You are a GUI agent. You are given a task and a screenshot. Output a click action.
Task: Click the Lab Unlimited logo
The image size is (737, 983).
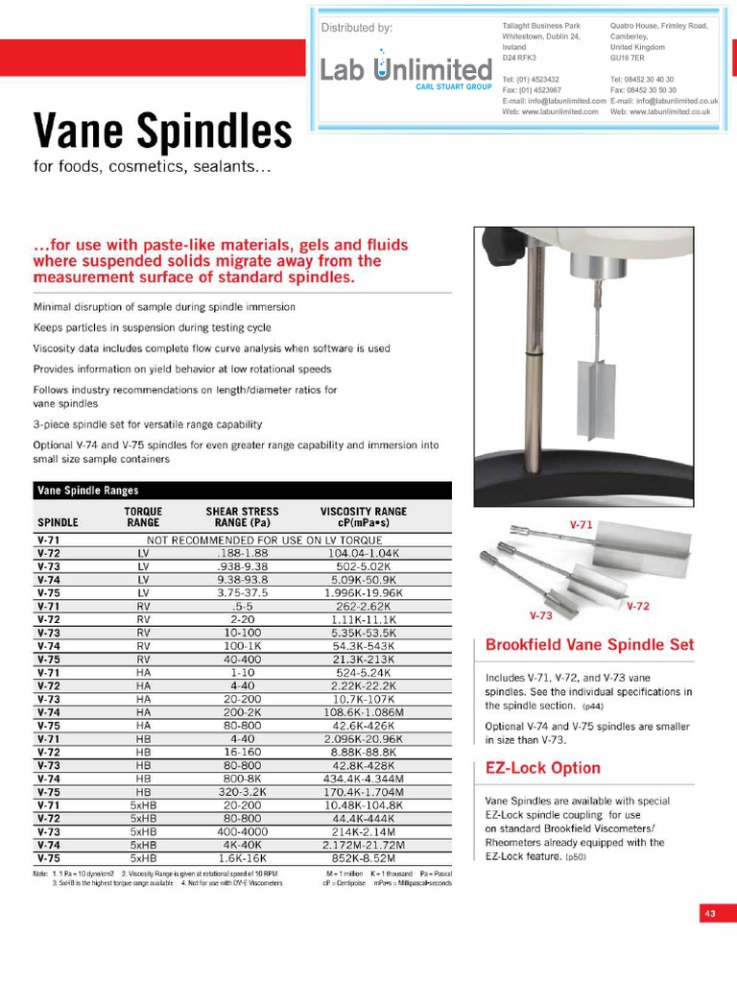tap(405, 69)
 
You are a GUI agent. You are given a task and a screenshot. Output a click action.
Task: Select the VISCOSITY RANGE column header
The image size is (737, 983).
tap(363, 516)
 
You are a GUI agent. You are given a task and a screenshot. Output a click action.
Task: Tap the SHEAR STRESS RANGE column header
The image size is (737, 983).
tap(242, 516)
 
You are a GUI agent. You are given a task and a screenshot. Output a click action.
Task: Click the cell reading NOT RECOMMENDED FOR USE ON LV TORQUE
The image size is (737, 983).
tap(263, 540)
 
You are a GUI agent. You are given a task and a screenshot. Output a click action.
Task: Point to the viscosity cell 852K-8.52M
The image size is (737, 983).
tap(363, 858)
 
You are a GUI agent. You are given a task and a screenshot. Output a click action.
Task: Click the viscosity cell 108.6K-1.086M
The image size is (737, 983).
tap(363, 712)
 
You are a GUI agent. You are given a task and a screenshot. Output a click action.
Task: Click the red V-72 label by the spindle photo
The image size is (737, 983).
tap(638, 607)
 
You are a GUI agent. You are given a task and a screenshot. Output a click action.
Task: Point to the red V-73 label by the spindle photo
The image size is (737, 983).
tap(541, 615)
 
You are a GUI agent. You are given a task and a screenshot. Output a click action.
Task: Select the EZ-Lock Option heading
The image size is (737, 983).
tap(542, 768)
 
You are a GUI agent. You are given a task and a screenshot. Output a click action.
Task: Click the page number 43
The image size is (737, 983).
tap(710, 914)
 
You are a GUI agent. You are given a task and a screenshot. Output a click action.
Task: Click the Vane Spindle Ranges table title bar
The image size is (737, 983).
tap(241, 491)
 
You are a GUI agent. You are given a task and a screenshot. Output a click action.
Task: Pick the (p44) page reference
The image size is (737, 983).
tap(592, 706)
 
